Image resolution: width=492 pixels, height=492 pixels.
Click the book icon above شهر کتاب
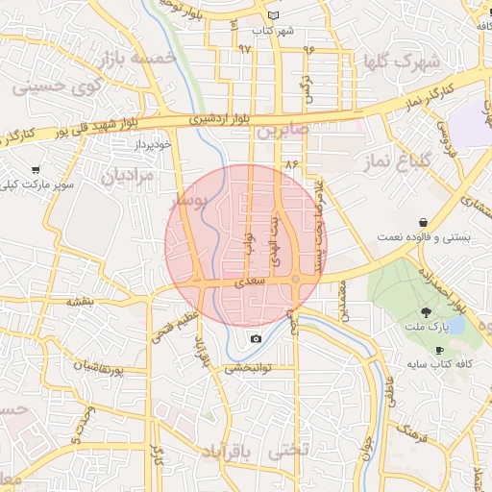pos(273,16)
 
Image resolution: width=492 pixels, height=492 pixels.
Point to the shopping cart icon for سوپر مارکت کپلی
pos(37,169)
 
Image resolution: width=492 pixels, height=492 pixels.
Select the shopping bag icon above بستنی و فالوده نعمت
pos(423,223)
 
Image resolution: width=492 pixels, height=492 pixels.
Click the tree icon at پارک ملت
pos(425,312)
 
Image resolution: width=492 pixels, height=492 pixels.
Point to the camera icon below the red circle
pos(256,338)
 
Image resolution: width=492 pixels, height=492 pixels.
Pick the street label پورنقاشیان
pos(95,367)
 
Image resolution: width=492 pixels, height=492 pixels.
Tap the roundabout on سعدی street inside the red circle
pos(296,280)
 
